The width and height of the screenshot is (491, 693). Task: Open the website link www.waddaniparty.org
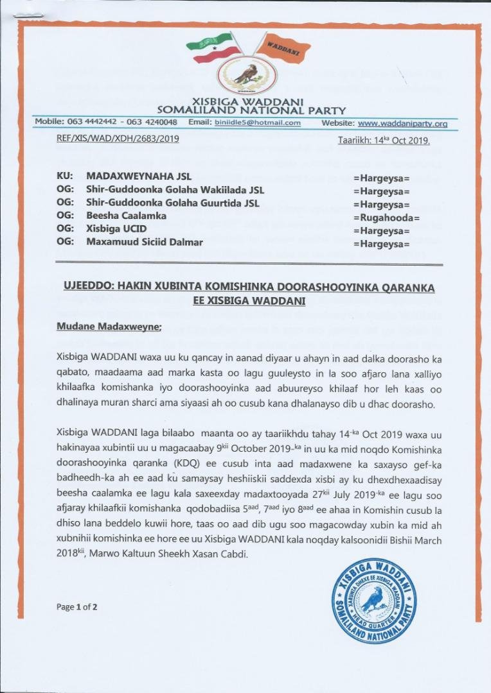[x=403, y=123]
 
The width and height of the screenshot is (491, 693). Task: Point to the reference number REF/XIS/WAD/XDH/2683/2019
[x=118, y=139]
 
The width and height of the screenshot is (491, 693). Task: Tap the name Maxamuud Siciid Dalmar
[x=144, y=242]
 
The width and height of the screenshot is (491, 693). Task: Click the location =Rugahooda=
[x=386, y=218]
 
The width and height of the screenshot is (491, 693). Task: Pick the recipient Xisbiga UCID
[x=116, y=228]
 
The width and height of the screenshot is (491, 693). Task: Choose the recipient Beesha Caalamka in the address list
[x=126, y=216]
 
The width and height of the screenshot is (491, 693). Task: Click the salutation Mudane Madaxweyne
[x=109, y=327]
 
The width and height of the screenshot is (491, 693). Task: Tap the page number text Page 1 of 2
[x=76, y=607]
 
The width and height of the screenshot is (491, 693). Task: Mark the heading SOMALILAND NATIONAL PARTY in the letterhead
[x=247, y=110]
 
